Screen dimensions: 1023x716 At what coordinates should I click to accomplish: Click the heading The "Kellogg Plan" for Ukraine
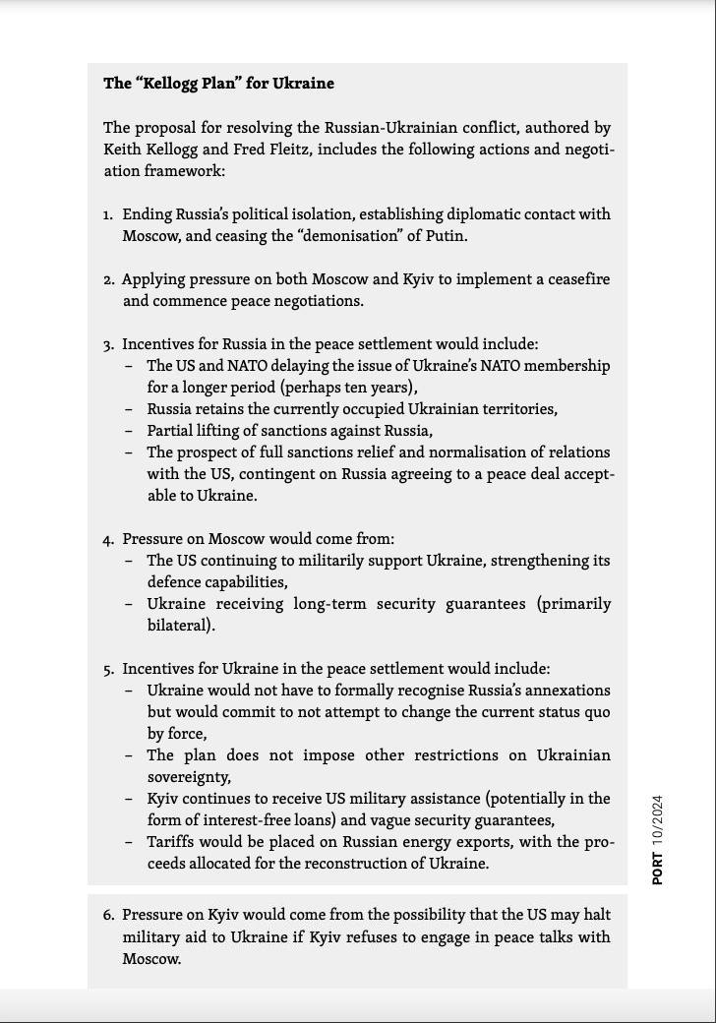click(218, 84)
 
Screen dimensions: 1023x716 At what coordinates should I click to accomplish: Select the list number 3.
click(107, 345)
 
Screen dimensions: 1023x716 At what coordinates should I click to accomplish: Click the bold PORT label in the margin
click(657, 868)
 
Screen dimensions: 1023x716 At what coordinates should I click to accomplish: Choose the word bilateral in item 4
click(177, 626)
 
